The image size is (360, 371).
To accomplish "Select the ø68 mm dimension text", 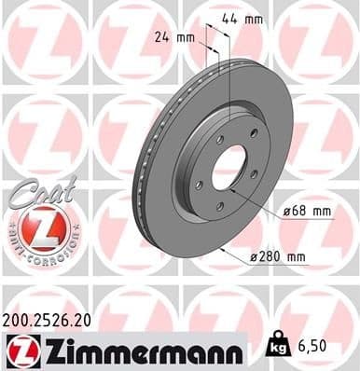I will tap(307, 211).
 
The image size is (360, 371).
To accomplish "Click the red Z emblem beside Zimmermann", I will tap(21, 350).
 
